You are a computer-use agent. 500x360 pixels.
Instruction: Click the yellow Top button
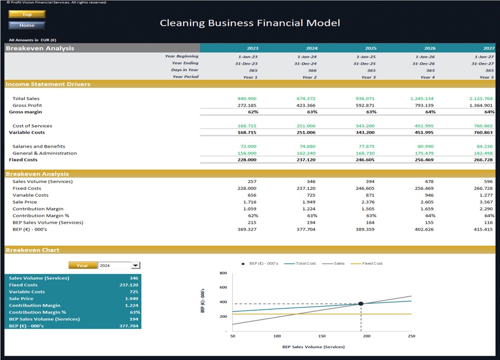tap(27, 14)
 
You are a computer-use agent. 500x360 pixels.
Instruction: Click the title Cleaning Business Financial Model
tap(249, 23)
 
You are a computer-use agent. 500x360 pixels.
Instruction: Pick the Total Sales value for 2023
tap(247, 98)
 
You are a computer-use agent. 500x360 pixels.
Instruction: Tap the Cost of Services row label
tap(32, 126)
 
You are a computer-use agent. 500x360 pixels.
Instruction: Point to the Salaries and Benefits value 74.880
tap(307, 146)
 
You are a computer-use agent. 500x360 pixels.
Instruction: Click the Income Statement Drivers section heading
tap(48, 84)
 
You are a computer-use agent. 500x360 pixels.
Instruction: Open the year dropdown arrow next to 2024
tap(135, 265)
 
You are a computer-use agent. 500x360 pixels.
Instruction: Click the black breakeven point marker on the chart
tap(361, 303)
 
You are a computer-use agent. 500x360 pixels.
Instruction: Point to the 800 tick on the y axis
tap(223, 273)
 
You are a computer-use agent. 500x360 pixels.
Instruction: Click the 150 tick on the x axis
tap(322, 336)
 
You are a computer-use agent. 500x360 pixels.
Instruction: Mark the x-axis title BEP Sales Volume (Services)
tap(313, 347)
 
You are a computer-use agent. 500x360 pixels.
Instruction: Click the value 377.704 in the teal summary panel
tap(129, 326)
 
